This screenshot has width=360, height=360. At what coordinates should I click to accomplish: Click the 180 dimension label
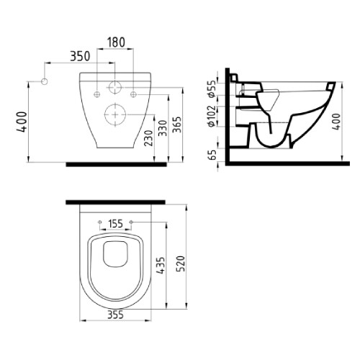116,42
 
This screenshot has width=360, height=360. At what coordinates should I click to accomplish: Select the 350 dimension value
80,56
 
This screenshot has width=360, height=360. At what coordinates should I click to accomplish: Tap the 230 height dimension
149,138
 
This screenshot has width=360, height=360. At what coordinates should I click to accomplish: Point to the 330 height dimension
163,128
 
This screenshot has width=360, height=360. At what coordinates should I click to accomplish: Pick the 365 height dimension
177,125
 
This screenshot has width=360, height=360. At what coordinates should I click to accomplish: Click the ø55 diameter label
212,90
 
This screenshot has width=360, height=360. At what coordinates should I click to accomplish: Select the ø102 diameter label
212,116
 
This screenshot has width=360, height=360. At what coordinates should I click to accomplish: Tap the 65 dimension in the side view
212,155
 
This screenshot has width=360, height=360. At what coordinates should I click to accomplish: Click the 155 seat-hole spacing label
115,224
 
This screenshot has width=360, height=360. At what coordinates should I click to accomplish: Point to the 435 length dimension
161,266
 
